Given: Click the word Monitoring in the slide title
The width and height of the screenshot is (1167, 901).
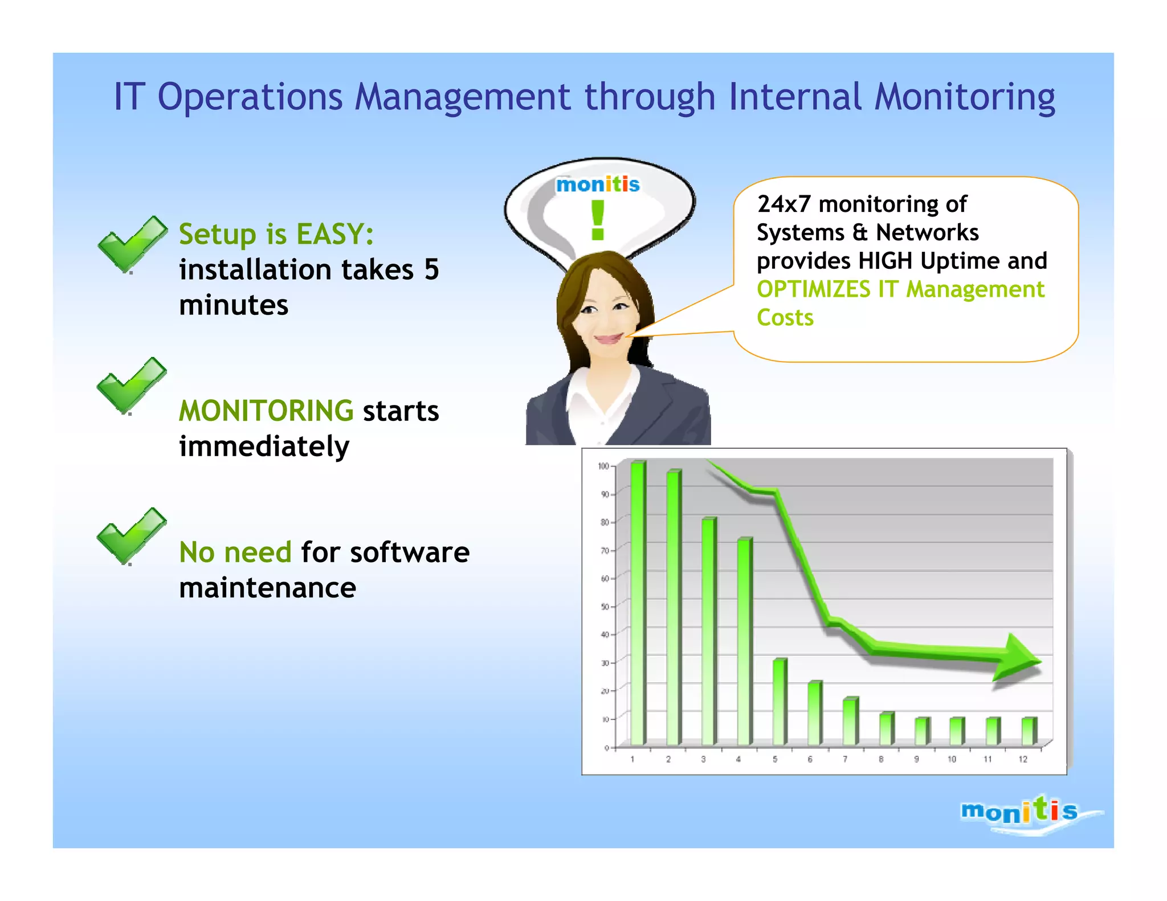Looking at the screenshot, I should [x=964, y=97].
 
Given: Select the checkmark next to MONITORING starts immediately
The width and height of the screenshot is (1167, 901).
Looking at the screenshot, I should [x=131, y=386].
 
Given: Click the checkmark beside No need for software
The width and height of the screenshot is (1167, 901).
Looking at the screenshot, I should [x=131, y=536].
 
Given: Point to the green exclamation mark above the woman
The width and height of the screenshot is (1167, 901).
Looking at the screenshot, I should [x=597, y=221].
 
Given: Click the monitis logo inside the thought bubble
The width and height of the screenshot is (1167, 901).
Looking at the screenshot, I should [x=597, y=185].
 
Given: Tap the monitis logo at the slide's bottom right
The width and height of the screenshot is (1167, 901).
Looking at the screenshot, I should [x=1019, y=811].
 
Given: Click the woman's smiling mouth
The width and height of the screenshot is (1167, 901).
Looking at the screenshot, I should [x=608, y=338].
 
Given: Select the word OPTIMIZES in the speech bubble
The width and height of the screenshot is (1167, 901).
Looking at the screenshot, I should [x=813, y=289].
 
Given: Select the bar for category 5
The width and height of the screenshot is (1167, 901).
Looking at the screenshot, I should [x=780, y=702].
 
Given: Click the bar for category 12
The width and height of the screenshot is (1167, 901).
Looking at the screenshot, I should [x=1029, y=731].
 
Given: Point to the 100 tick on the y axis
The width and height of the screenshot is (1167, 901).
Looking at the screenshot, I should [x=603, y=466].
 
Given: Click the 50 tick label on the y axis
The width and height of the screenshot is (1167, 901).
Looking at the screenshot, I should [x=604, y=607].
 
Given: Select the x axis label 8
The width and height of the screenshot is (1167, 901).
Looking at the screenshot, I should [x=880, y=759].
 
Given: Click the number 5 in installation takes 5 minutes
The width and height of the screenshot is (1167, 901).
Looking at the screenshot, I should [x=431, y=269].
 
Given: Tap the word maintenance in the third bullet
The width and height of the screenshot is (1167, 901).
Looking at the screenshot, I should [x=267, y=588].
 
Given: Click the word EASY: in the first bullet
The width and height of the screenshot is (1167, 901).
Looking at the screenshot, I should [x=335, y=234].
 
